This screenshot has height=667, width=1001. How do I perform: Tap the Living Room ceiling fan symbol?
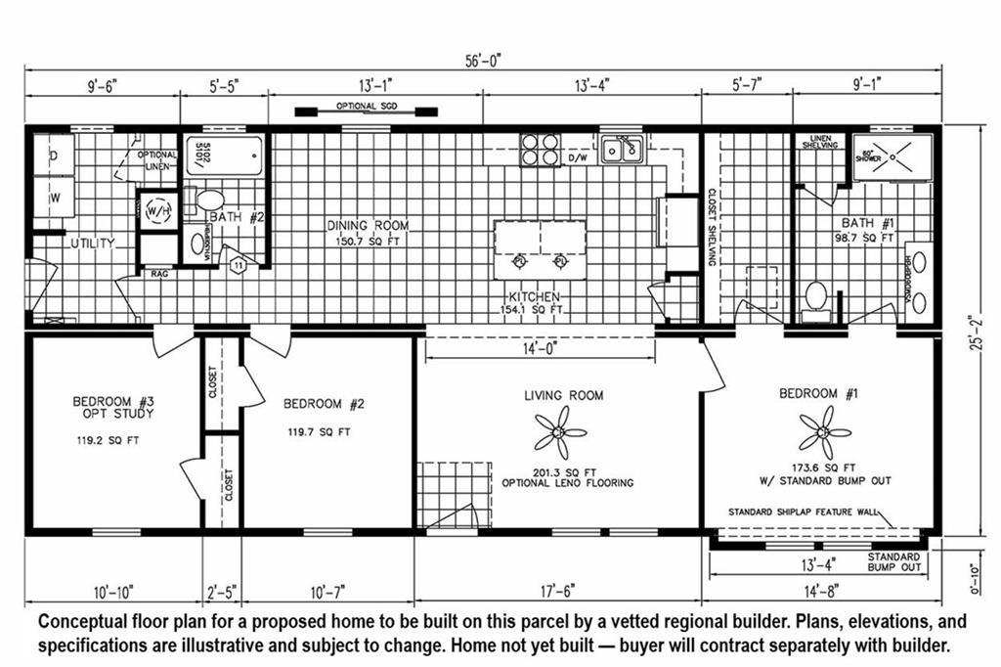[560, 432]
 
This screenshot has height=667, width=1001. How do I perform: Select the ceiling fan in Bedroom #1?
[823, 431]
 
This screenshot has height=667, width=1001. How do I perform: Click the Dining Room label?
[368, 225]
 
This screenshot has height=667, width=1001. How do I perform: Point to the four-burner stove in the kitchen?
[541, 149]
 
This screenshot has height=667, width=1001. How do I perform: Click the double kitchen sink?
[621, 150]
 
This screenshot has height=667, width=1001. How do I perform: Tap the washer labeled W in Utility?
[54, 197]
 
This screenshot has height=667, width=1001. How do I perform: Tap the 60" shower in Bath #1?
[892, 156]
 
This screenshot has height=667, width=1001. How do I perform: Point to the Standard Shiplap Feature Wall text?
[802, 511]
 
